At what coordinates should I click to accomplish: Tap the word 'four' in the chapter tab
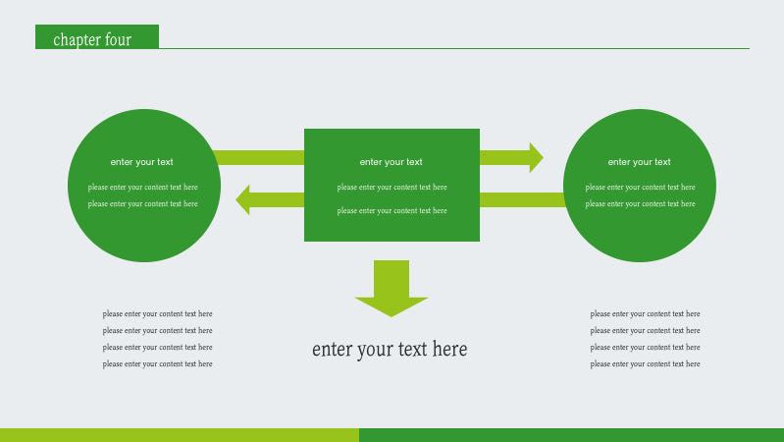(118, 40)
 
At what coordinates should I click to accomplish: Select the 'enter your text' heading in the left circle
(141, 162)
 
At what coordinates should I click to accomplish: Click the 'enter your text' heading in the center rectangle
(391, 162)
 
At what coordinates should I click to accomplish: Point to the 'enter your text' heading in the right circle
(639, 162)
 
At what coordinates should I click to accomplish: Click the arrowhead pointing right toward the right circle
(535, 157)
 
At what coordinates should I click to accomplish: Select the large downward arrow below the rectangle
(392, 291)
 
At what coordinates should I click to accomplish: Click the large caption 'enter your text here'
(390, 349)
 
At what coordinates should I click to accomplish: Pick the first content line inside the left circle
(142, 187)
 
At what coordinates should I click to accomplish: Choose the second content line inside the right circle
(640, 203)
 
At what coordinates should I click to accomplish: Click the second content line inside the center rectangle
(392, 210)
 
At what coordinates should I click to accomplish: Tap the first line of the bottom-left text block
(157, 314)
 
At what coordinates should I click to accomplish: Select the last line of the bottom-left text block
(157, 364)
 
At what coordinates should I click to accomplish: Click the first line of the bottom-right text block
(645, 314)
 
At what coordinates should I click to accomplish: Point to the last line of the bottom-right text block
(645, 364)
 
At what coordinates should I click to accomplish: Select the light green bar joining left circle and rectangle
(259, 157)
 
